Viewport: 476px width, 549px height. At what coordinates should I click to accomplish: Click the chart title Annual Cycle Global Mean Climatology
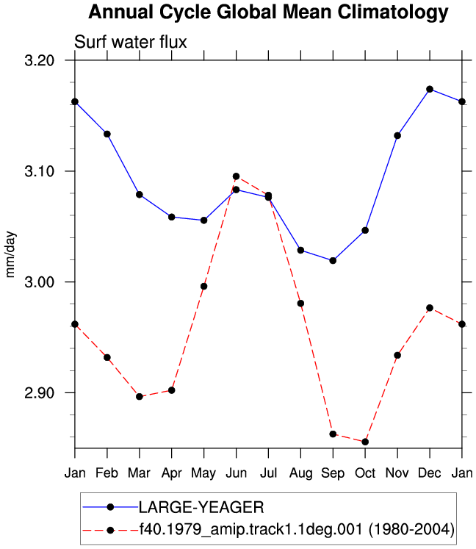click(268, 12)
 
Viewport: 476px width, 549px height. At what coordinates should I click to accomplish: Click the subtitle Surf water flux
click(131, 42)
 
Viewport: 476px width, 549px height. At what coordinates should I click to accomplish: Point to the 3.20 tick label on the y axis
click(40, 60)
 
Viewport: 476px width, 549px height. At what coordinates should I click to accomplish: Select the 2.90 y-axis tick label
click(40, 393)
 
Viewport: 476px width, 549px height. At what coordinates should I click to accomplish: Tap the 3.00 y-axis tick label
click(40, 282)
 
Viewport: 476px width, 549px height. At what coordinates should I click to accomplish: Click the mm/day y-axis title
click(10, 254)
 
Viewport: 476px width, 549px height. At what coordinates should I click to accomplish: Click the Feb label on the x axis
click(107, 473)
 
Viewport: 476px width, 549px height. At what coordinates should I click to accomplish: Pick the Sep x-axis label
click(333, 474)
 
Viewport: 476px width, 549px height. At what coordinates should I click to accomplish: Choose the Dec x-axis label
click(430, 473)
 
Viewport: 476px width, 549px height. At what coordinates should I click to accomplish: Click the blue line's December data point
click(430, 89)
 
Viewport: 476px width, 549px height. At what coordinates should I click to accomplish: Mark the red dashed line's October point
click(365, 442)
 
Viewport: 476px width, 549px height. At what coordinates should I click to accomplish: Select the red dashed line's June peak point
click(237, 176)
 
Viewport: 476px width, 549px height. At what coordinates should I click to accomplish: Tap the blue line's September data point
click(333, 260)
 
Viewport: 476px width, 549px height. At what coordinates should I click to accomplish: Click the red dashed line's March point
click(140, 397)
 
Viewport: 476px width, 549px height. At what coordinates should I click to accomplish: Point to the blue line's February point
click(107, 134)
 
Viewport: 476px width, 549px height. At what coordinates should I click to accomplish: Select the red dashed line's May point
click(203, 287)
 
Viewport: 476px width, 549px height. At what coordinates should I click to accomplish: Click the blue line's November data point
click(397, 135)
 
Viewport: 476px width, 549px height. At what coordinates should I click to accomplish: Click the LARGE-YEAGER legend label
click(201, 507)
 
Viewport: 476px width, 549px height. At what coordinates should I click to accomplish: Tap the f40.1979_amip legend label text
click(297, 529)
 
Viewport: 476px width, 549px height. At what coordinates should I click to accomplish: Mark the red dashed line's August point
click(300, 304)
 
